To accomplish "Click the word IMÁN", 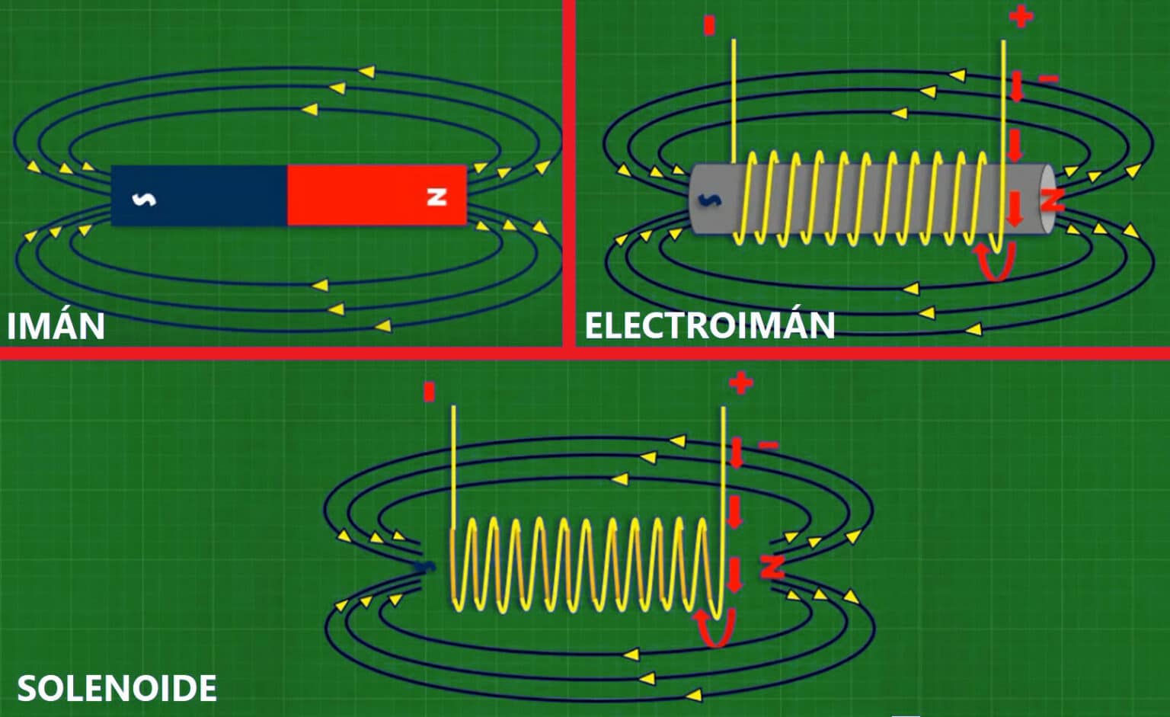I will pyautogui.click(x=56, y=325).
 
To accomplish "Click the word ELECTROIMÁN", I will pyautogui.click(x=709, y=325).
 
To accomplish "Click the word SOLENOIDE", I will pyautogui.click(x=117, y=688).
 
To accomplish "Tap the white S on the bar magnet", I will pyautogui.click(x=144, y=199).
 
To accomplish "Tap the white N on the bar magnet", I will pyautogui.click(x=436, y=197).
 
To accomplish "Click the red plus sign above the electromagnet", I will pyautogui.click(x=1021, y=15).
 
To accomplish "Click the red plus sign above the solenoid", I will pyautogui.click(x=740, y=383).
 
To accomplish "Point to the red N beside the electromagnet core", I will pyautogui.click(x=1052, y=200).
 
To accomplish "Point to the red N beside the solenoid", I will pyautogui.click(x=772, y=566).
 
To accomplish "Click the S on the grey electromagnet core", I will pyautogui.click(x=710, y=200).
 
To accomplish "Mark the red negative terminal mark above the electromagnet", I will pyautogui.click(x=710, y=26).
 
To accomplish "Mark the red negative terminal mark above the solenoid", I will pyautogui.click(x=429, y=392).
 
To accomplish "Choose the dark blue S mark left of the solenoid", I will pyautogui.click(x=424, y=567).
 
